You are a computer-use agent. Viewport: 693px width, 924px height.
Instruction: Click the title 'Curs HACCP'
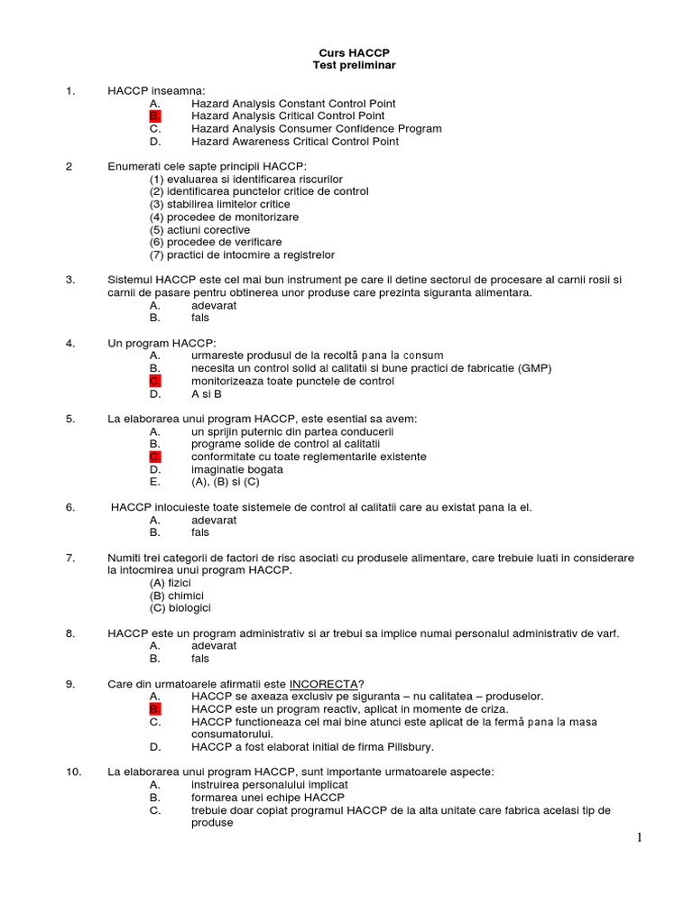tap(354, 53)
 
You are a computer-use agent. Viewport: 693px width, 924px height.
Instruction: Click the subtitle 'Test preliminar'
tap(354, 66)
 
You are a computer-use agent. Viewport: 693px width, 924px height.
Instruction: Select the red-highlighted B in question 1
tap(154, 116)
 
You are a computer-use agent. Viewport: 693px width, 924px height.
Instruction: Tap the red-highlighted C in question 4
tap(154, 382)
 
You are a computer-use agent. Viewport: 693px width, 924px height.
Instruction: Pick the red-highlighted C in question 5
tap(154, 457)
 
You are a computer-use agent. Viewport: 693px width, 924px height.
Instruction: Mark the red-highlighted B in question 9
tap(154, 710)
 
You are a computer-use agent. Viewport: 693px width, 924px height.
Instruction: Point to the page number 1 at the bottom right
tap(640, 838)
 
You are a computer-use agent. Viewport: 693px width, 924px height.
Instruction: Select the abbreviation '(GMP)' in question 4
tap(534, 369)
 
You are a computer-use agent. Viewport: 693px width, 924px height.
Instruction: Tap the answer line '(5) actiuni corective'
tap(199, 230)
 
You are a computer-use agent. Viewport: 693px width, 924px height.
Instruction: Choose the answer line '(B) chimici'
tap(177, 596)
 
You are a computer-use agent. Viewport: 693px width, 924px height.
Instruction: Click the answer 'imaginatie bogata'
tap(236, 470)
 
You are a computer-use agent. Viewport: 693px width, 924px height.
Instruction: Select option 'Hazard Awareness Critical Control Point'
tap(295, 142)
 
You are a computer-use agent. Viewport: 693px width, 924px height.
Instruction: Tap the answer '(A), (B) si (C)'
tap(226, 483)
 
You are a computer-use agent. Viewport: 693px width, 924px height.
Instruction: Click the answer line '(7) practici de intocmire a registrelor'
tap(242, 255)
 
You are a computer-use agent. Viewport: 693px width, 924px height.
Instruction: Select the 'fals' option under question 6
tap(199, 533)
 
